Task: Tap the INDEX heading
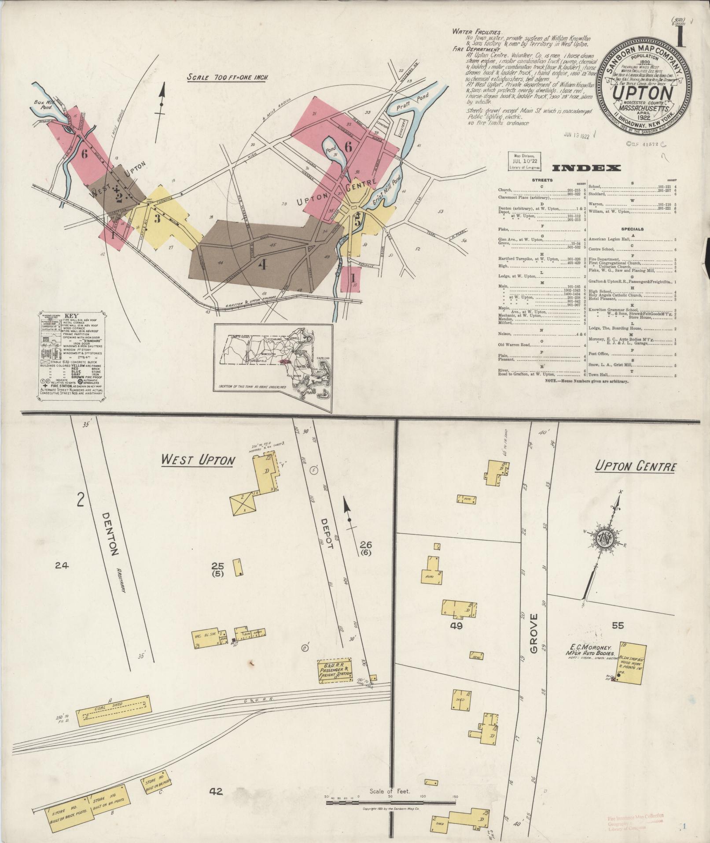tap(586, 168)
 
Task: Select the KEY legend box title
tap(71, 316)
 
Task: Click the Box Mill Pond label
tap(43, 104)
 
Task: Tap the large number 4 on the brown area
tap(263, 264)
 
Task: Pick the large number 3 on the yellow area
tap(157, 218)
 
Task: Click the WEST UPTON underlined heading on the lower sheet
tap(197, 460)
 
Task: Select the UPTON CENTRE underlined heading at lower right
tap(635, 467)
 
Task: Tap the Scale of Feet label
tap(390, 791)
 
